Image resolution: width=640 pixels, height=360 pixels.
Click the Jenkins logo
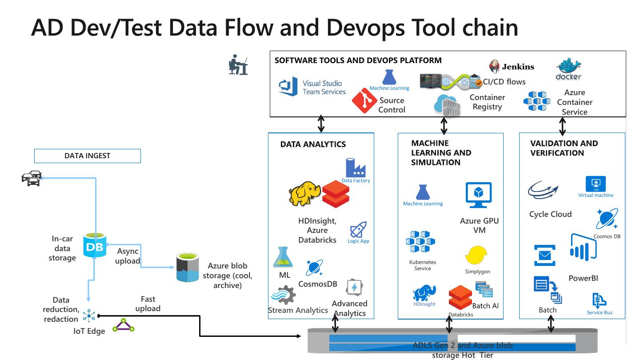495,67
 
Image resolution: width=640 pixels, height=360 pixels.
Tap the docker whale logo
568,69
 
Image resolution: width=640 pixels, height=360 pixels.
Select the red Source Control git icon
364,100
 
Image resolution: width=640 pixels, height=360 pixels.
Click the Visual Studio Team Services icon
288,87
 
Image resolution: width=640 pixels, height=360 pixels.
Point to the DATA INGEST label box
88,156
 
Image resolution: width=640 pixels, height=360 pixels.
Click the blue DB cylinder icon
95,245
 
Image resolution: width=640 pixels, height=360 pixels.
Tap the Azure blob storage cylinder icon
188,267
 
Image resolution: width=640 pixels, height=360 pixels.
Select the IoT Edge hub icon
89,316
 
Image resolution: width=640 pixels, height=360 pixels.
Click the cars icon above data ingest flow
32,178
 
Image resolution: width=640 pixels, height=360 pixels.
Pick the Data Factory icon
356,168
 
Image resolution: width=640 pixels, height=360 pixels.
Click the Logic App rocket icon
358,230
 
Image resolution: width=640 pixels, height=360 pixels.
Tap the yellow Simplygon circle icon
476,256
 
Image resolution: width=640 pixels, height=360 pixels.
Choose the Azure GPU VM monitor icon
479,195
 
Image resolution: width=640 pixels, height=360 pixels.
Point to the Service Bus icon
599,301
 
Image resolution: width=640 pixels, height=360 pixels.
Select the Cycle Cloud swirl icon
543,190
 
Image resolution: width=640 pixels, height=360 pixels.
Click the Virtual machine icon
596,184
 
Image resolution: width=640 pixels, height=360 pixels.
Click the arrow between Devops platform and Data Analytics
321,124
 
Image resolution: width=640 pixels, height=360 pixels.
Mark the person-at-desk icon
238,65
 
